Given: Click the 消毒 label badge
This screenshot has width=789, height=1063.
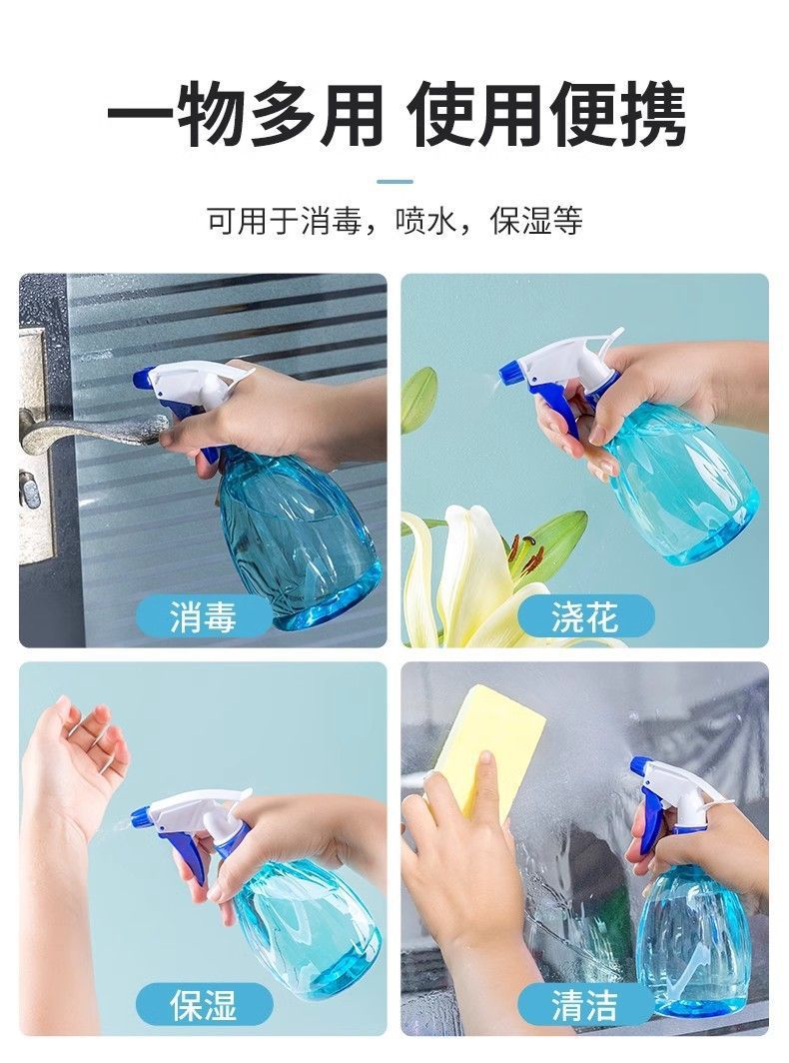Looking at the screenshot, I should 204,617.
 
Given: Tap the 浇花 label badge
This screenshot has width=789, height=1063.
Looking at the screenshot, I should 585,617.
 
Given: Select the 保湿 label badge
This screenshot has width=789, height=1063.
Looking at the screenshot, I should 204,1003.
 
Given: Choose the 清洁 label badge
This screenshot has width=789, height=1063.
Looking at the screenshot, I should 585,1003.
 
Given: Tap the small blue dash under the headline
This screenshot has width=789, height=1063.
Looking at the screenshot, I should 394,181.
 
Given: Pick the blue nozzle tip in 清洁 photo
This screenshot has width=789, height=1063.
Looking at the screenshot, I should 639,767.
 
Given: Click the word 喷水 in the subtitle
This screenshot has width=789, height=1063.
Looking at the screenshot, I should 418,221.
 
